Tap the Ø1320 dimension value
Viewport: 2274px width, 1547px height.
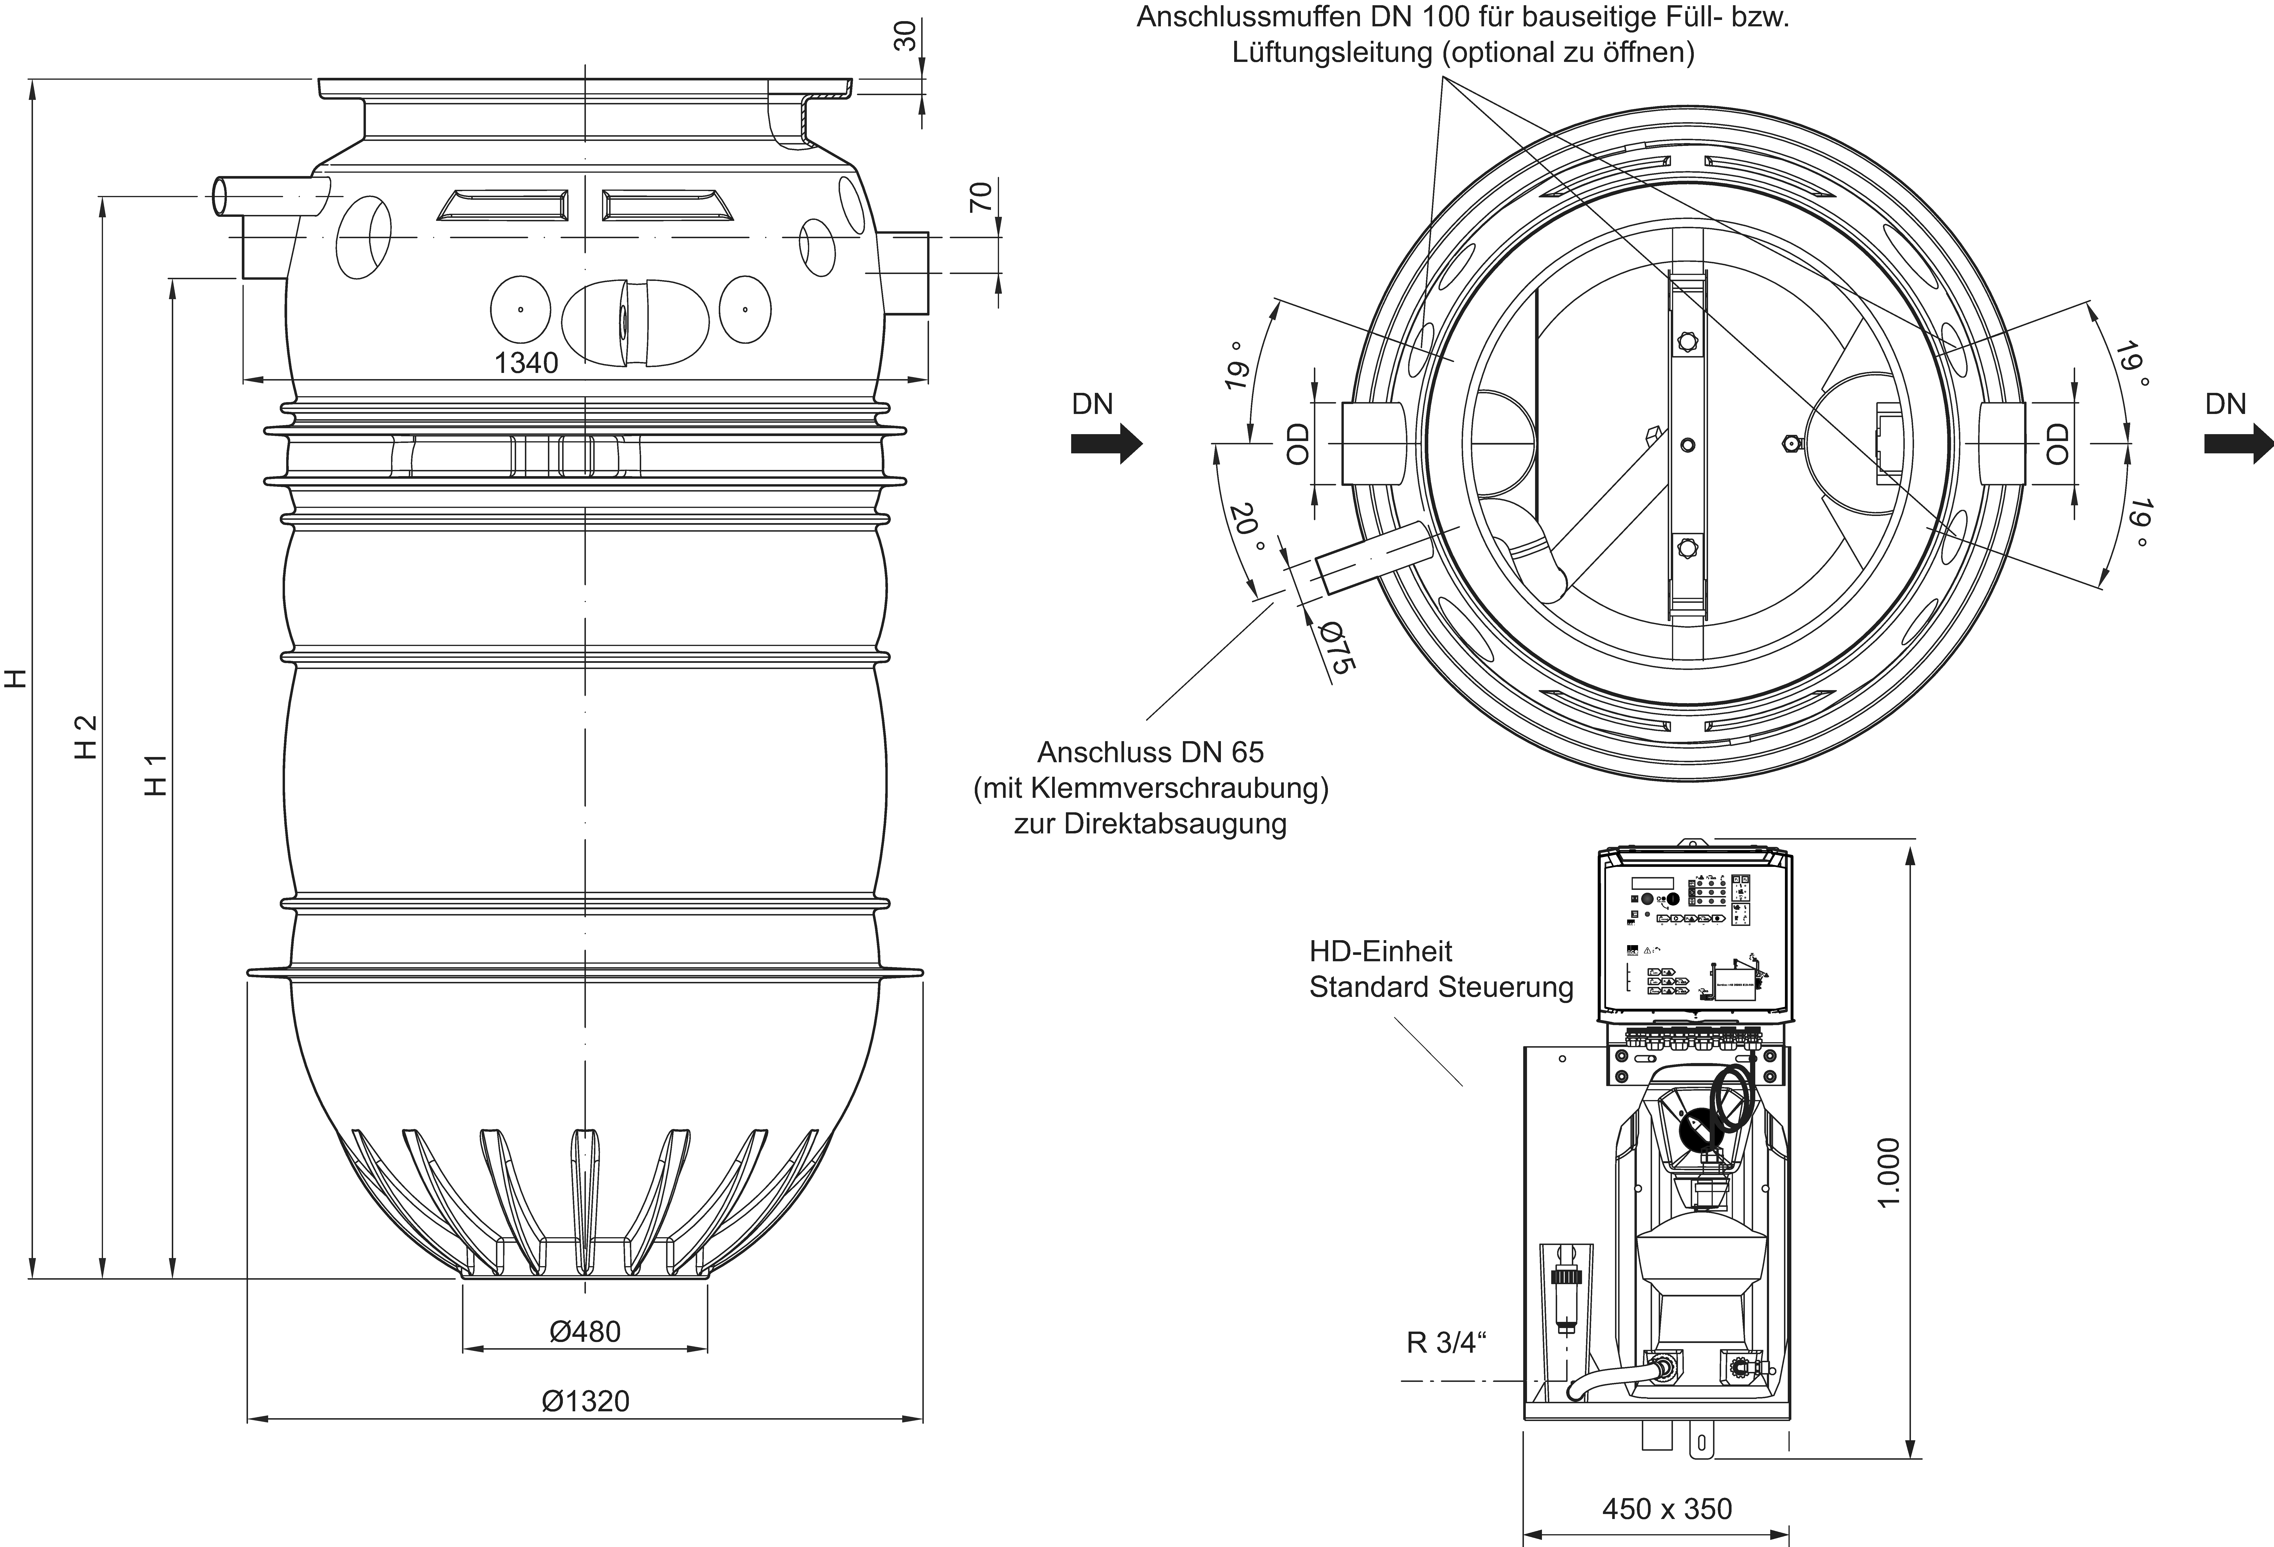585,1401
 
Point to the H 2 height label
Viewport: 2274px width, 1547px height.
86,736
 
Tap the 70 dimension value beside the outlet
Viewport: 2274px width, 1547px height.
981,198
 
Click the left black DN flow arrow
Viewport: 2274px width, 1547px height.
1106,443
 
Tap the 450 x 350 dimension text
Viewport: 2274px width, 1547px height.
1666,1509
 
